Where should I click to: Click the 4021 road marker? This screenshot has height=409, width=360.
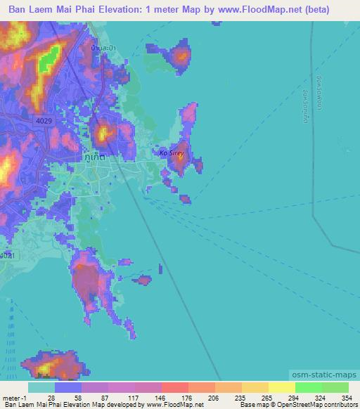(6, 255)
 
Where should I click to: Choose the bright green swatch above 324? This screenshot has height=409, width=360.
(309, 387)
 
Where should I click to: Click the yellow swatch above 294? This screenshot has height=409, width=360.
(282, 387)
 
